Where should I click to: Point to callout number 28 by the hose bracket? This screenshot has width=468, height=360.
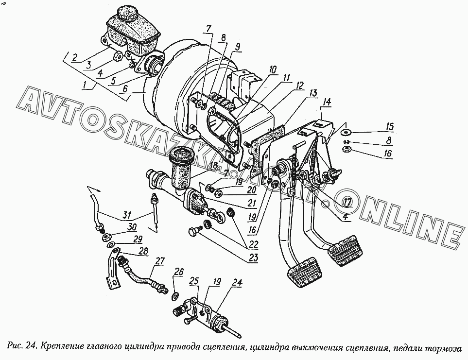[144, 250]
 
